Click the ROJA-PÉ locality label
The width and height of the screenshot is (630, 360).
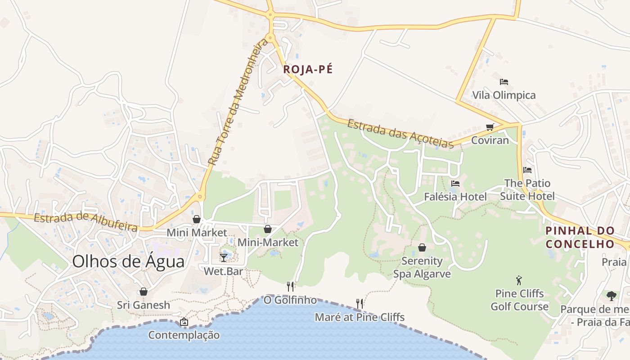pyautogui.click(x=308, y=69)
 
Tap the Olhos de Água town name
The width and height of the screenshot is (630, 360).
pyautogui.click(x=128, y=261)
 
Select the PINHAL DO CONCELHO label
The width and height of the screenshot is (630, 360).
pyautogui.click(x=580, y=237)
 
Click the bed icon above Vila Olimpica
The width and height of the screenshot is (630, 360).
pyautogui.click(x=504, y=82)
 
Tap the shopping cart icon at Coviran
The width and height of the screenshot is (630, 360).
pyautogui.click(x=490, y=127)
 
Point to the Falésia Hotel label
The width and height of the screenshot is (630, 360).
pyautogui.click(x=455, y=197)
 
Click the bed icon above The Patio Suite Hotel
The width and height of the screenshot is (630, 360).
pyautogui.click(x=527, y=170)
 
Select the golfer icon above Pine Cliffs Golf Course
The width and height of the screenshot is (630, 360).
pyautogui.click(x=519, y=280)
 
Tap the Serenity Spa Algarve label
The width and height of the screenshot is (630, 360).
pyautogui.click(x=422, y=267)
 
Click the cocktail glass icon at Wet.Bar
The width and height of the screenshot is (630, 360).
pyautogui.click(x=224, y=258)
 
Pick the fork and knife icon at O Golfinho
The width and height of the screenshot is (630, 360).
pyautogui.click(x=290, y=286)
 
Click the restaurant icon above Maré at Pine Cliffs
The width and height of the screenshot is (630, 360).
pyautogui.click(x=359, y=304)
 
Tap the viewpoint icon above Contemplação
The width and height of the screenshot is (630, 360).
pyautogui.click(x=184, y=322)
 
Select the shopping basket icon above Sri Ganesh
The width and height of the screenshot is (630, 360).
pyautogui.click(x=144, y=292)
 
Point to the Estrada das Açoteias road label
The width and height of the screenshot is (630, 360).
pyautogui.click(x=400, y=133)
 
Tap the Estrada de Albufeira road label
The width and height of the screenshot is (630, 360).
pyautogui.click(x=85, y=222)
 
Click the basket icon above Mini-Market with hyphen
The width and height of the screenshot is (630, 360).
pyautogui.click(x=268, y=229)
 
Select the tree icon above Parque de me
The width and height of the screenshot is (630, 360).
pyautogui.click(x=611, y=296)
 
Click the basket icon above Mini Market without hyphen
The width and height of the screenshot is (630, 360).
pyautogui.click(x=197, y=219)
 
